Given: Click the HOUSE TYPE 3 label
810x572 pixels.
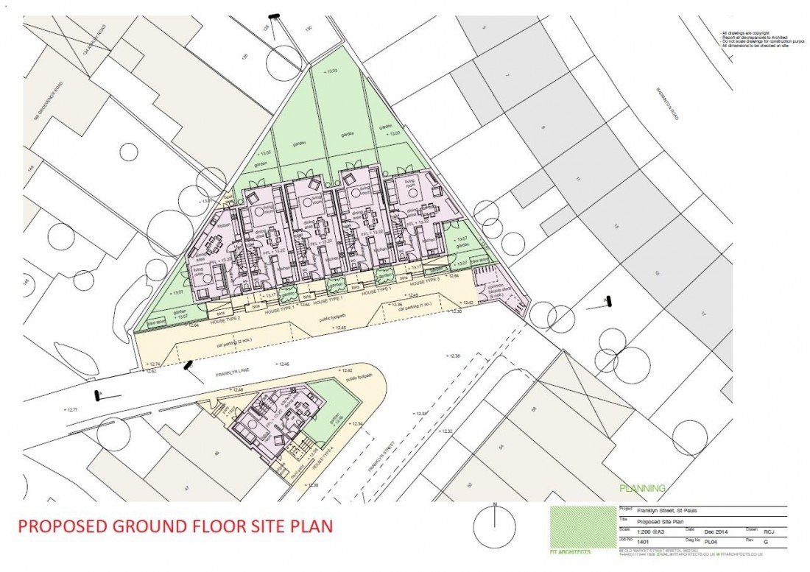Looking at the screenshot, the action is click(424, 281).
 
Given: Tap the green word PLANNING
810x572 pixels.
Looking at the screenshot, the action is click(643, 488).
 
